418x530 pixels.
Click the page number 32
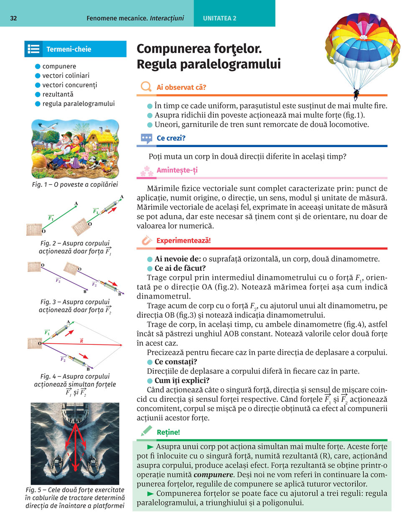click(x=13, y=18)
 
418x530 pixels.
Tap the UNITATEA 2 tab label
click(x=219, y=18)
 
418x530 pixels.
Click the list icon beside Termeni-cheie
click(x=33, y=49)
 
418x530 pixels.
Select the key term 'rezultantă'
click(x=58, y=94)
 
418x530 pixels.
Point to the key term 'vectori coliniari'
click(x=66, y=76)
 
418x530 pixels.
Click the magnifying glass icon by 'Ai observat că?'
click(x=146, y=87)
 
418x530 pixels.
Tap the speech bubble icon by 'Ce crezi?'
click(x=146, y=138)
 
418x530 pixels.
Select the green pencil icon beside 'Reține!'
click(x=146, y=431)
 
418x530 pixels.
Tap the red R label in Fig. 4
click(x=82, y=341)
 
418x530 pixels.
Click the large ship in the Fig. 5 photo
click(x=75, y=414)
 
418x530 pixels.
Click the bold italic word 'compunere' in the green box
click(x=213, y=475)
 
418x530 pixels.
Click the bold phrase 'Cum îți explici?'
click(x=182, y=380)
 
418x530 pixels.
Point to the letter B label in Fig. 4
click(x=88, y=369)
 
